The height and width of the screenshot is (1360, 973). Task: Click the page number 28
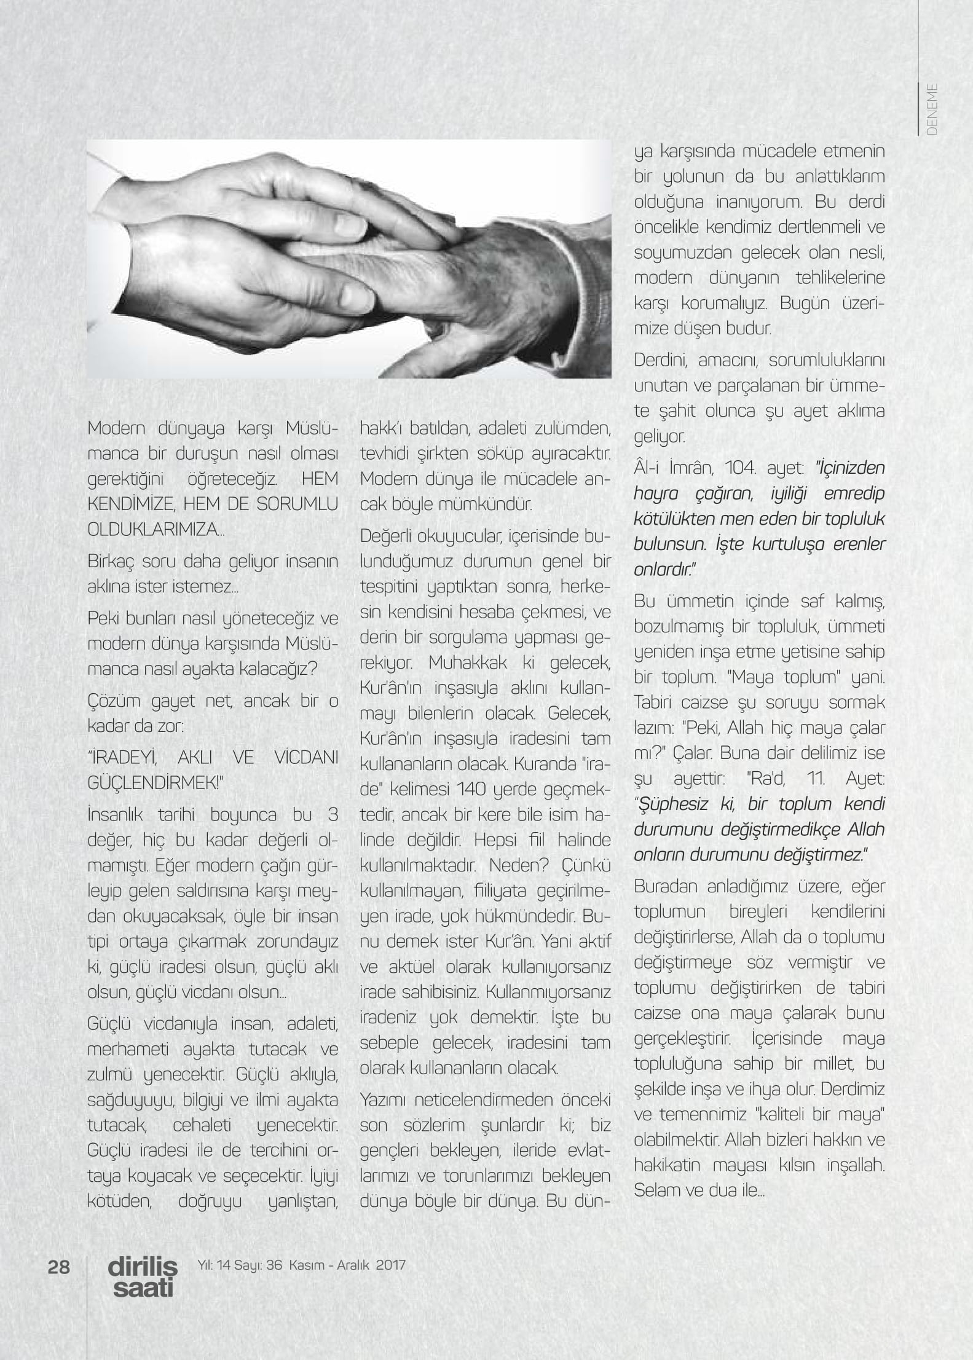[59, 1267]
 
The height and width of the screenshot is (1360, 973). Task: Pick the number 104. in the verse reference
[731, 468]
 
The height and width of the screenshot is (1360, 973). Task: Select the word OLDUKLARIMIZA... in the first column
[156, 530]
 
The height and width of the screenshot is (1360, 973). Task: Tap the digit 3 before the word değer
[333, 816]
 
